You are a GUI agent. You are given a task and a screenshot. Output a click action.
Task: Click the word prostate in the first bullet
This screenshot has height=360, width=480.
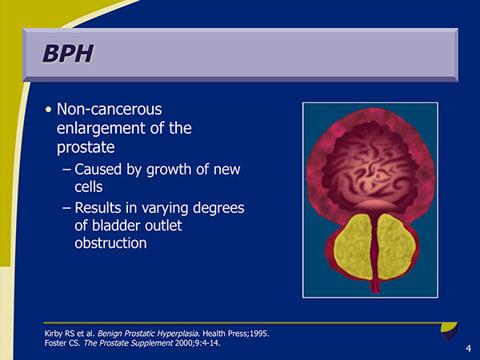point(86,148)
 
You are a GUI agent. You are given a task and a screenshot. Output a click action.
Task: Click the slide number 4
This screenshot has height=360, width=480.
point(467,350)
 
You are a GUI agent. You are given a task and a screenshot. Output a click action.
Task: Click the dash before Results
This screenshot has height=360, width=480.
point(67,208)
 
